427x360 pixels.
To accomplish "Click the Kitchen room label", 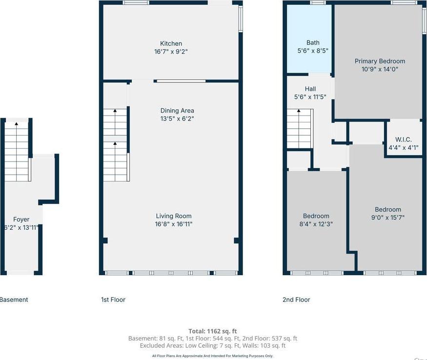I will tap(171, 43).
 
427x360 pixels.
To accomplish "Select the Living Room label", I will tap(173, 216).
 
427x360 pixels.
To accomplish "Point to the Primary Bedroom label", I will tap(380, 61).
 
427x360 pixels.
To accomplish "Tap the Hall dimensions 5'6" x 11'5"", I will tap(310, 97).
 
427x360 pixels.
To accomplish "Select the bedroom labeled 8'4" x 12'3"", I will tap(316, 224).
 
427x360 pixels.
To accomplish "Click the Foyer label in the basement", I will tap(21, 220).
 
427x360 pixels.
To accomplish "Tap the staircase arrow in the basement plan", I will tap(16, 124).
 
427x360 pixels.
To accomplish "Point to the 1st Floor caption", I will tap(113, 300).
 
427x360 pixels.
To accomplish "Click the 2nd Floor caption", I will tap(296, 300).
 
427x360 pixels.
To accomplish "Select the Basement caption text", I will tap(14, 300).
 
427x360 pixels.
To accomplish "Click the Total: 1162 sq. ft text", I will tap(213, 331).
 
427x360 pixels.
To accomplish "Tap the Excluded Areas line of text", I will tap(213, 345).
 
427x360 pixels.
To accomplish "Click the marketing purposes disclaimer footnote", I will tap(213, 356).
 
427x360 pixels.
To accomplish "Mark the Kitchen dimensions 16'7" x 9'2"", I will tap(171, 51).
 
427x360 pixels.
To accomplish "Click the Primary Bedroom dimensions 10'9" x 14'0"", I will tap(380, 69).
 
